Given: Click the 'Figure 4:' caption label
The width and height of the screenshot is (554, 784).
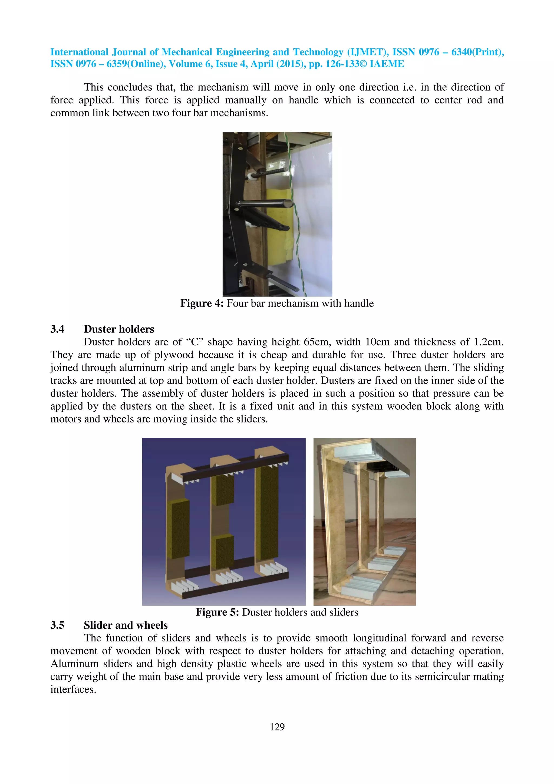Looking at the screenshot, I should pos(202,303).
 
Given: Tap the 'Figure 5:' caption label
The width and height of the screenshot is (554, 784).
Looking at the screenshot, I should pos(217,612).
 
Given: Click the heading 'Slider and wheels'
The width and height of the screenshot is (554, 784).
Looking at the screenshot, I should pos(126,625).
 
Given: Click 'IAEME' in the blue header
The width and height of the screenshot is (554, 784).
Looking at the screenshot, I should pos(387,64).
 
